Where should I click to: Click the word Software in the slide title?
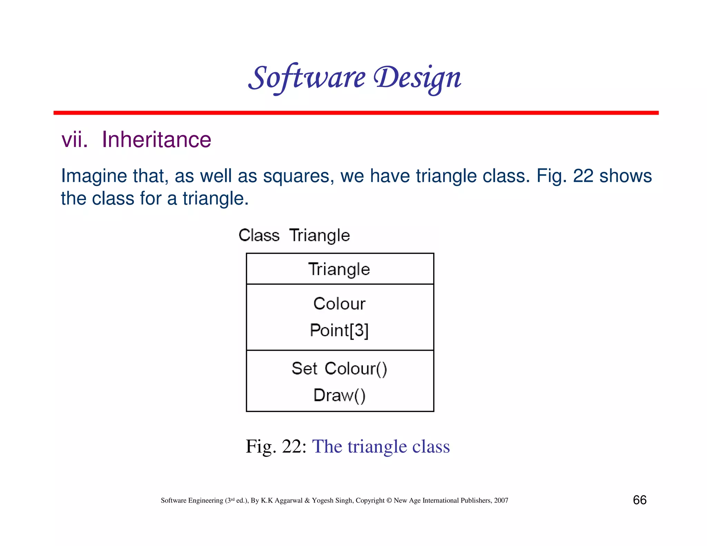pos(307,78)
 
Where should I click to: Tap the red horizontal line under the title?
pos(356,113)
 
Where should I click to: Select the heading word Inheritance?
pos(156,140)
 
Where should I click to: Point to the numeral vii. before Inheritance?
pos(74,140)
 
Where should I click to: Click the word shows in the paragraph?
pos(625,176)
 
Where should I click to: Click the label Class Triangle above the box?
pos(294,235)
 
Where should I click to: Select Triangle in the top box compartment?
pos(339,269)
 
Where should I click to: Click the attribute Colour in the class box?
pos(339,304)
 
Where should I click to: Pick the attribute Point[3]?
pos(339,330)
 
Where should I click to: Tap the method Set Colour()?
pos(339,369)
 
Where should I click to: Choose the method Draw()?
pos(339,395)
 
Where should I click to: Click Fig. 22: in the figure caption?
pos(276,446)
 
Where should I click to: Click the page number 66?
pos(639,500)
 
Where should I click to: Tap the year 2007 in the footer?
pos(501,500)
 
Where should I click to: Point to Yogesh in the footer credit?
pos(322,500)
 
